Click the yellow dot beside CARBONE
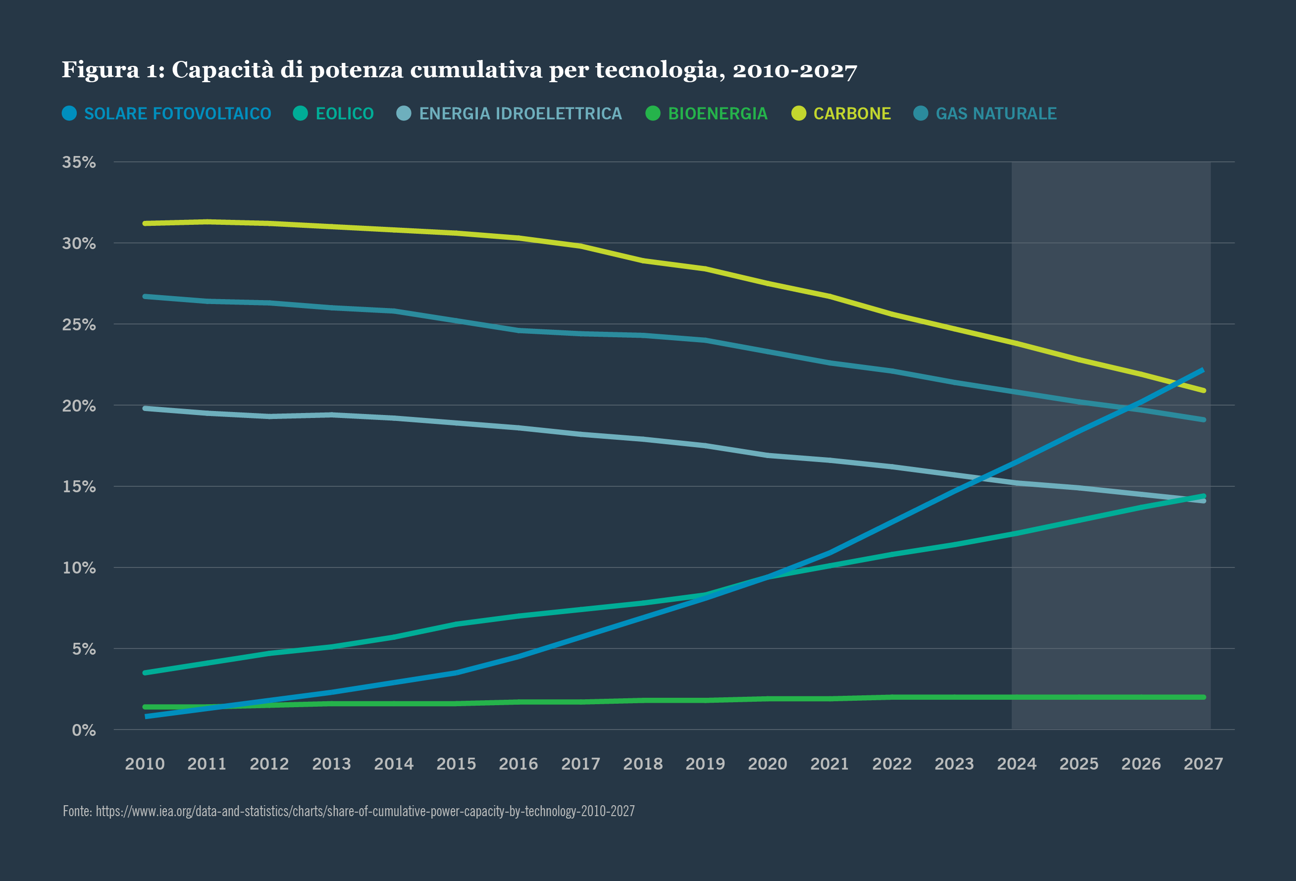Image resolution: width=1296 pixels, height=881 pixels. pyautogui.click(x=799, y=113)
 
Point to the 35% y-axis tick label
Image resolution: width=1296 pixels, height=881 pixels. pyautogui.click(x=79, y=162)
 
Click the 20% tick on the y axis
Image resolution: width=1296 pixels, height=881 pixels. pyautogui.click(x=79, y=406)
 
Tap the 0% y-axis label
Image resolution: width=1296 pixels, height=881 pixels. pyautogui.click(x=84, y=730)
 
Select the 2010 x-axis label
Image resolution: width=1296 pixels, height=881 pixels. pyautogui.click(x=145, y=764)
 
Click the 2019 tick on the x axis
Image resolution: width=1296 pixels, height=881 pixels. pyautogui.click(x=705, y=764)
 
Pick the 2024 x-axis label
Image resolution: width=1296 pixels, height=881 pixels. pyautogui.click(x=1016, y=764)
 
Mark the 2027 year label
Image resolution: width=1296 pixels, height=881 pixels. pyautogui.click(x=1203, y=764)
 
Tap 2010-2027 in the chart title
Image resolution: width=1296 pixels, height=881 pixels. pyautogui.click(x=794, y=70)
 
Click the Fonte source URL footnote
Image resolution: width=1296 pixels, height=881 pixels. pyautogui.click(x=349, y=811)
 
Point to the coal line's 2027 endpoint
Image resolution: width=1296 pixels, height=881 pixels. pyautogui.click(x=1203, y=390)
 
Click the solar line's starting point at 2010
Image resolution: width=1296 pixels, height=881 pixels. pyautogui.click(x=146, y=717)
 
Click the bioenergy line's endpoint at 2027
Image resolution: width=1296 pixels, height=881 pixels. pyautogui.click(x=1203, y=697)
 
